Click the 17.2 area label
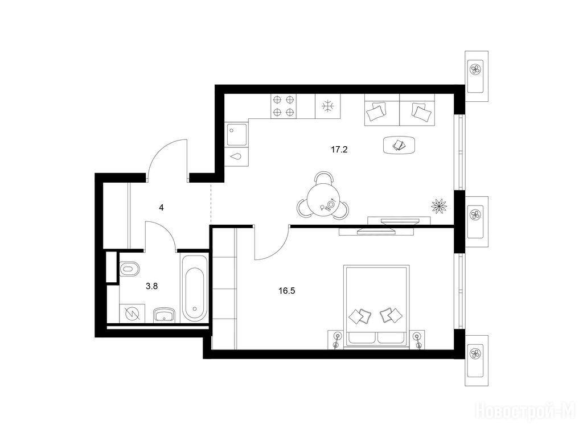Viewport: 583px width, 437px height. tap(339, 150)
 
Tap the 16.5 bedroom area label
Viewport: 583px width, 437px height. tap(287, 291)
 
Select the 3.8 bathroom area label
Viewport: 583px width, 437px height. tap(151, 286)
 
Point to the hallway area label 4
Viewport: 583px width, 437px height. tap(161, 207)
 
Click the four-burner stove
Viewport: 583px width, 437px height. tap(284, 106)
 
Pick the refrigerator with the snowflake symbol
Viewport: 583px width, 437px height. tap(327, 106)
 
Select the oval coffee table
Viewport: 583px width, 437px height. tap(399, 145)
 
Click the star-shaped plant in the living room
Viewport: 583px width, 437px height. tap(439, 205)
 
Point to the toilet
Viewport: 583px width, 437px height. tap(129, 269)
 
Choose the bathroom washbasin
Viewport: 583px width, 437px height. tap(165, 315)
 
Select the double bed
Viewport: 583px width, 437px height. tap(376, 307)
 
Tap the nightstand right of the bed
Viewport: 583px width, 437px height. tap(417, 339)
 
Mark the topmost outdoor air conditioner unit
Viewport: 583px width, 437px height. tap(477, 76)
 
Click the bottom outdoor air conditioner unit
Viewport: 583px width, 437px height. tap(477, 360)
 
